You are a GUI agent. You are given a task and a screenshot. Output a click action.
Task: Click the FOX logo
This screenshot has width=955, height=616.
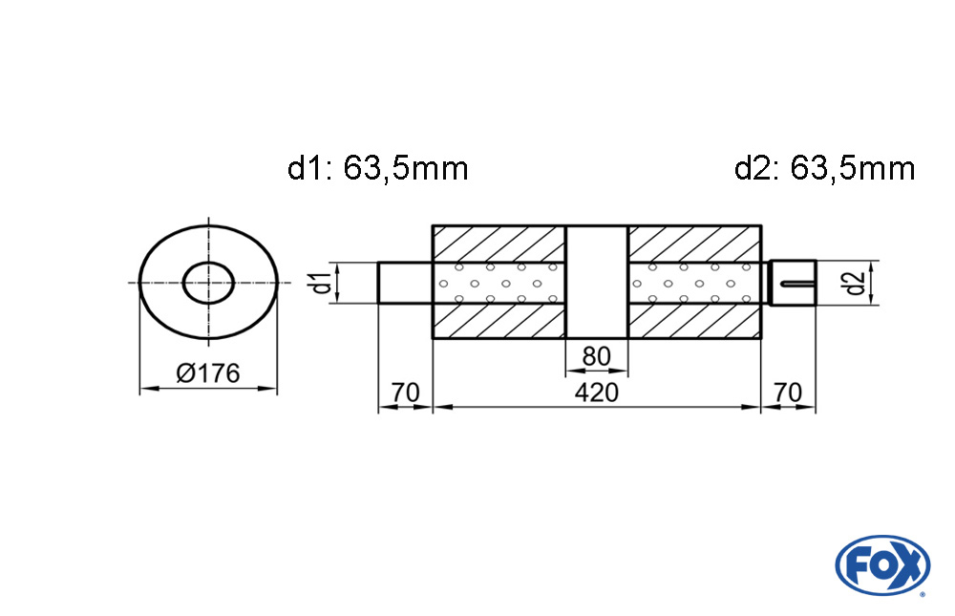(x=881, y=564)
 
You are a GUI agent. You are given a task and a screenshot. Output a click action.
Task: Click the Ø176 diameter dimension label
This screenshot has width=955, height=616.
(x=208, y=372)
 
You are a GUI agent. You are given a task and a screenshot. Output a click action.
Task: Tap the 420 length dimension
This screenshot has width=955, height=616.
(x=596, y=393)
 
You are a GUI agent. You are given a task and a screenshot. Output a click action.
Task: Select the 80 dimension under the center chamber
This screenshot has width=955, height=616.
(x=596, y=356)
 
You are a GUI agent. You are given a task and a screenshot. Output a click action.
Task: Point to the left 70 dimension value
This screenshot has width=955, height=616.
(x=405, y=393)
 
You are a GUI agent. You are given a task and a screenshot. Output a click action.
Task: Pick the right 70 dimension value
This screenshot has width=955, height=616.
(x=788, y=393)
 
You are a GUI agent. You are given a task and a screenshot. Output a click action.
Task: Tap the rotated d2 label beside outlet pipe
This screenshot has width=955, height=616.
(x=855, y=283)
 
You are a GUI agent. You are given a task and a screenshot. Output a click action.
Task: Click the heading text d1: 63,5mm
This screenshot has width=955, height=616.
(x=377, y=168)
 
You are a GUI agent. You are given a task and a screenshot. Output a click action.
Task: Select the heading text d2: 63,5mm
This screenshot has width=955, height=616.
(x=825, y=168)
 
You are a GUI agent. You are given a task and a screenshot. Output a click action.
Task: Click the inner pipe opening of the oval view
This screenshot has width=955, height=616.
(x=208, y=283)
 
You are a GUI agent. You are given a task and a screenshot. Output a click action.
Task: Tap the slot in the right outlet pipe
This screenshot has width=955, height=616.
(x=796, y=283)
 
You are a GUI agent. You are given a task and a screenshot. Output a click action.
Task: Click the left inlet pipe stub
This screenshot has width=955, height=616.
(x=405, y=283)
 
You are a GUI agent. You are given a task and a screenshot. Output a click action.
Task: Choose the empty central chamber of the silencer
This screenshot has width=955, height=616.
(x=596, y=282)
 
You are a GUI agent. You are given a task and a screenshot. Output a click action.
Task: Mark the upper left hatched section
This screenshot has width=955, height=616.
(x=499, y=244)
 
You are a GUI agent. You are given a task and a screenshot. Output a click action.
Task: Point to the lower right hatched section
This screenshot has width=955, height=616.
(x=694, y=321)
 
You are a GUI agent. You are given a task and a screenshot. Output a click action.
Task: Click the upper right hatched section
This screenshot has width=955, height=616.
(x=694, y=244)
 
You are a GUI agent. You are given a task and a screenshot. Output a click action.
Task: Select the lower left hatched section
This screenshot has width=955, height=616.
(x=499, y=321)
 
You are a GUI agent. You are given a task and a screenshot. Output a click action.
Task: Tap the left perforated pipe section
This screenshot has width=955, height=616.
(x=499, y=283)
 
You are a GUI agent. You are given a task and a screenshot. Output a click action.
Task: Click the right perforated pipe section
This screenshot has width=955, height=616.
(x=694, y=283)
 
